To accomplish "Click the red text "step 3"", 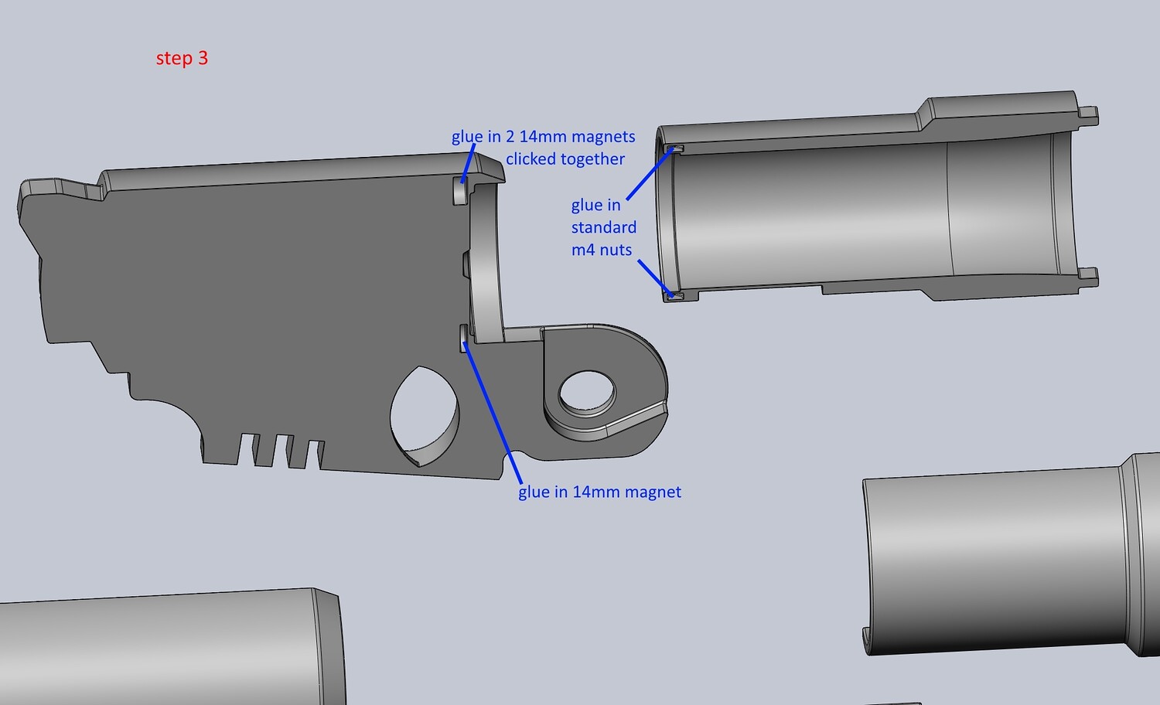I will [x=182, y=59].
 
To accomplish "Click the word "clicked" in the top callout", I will [x=533, y=159].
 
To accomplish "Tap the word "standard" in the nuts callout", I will [x=604, y=227].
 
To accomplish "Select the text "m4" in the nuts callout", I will [x=582, y=250].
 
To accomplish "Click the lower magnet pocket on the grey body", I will [x=465, y=338].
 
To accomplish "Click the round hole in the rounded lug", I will [x=587, y=392].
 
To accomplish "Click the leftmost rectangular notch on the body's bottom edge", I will [x=247, y=449].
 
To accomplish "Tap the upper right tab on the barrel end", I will [x=1089, y=115].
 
